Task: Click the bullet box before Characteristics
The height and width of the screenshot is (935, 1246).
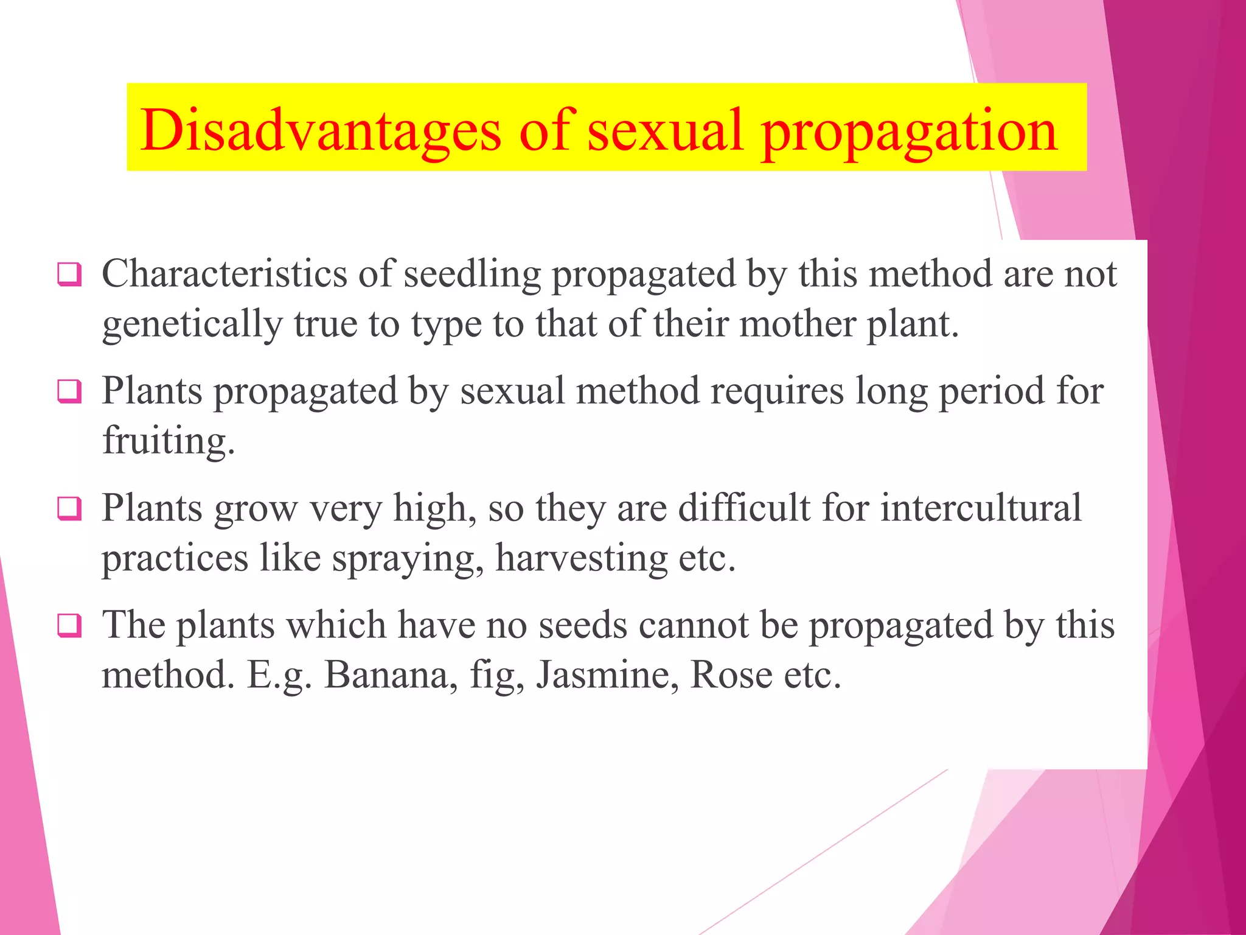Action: click(69, 274)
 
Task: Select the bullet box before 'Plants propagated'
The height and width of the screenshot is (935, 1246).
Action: click(69, 391)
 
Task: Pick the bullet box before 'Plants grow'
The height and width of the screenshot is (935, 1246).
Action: click(69, 508)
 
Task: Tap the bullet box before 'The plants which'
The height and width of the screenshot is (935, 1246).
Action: click(69, 625)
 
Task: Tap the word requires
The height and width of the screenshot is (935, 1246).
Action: click(778, 391)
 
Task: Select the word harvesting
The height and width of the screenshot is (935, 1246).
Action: click(581, 559)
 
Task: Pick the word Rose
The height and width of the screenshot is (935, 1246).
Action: click(732, 675)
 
